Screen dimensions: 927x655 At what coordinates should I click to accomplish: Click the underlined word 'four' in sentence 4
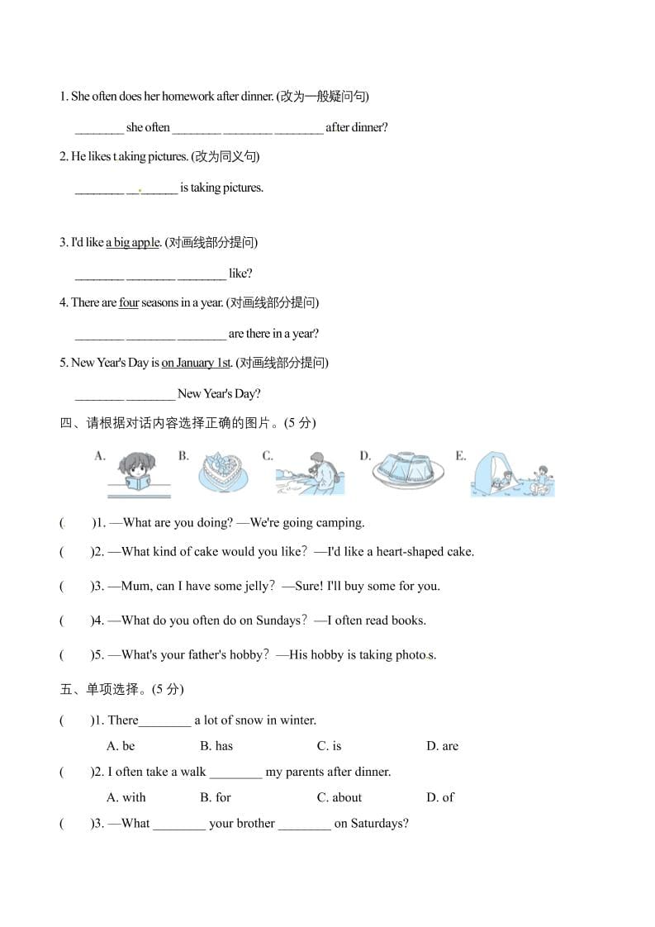pos(129,302)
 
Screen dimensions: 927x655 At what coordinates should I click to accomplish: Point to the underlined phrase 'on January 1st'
pos(196,363)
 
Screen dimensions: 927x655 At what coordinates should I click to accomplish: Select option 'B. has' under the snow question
pos(216,746)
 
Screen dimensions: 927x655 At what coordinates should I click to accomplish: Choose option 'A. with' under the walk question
pos(126,797)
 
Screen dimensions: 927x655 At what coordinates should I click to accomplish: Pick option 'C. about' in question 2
pos(339,797)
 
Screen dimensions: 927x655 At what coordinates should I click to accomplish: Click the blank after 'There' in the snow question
pos(165,721)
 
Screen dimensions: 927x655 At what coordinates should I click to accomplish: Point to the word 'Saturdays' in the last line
pos(379,824)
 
